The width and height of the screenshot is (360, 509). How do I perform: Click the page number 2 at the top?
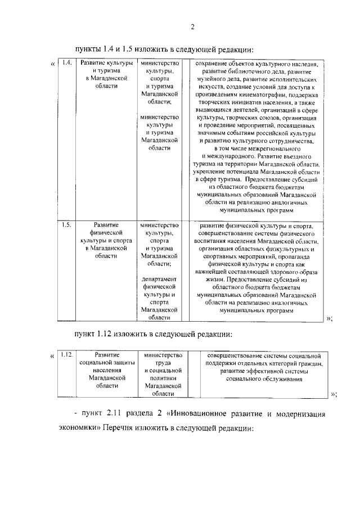[x=192, y=26]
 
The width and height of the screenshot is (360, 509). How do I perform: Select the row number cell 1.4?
[x=66, y=63]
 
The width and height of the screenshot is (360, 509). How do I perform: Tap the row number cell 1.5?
[x=66, y=225]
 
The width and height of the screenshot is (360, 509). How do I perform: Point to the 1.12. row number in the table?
[x=67, y=355]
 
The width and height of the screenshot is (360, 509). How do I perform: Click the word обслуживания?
[x=280, y=379]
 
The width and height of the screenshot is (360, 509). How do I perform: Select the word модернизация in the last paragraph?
[x=301, y=414]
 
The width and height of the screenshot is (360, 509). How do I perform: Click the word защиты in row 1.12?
[x=122, y=363]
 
